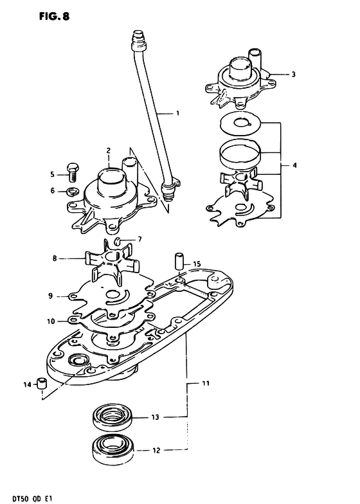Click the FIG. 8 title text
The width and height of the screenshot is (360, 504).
54,16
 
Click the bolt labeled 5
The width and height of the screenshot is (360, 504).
73,172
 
